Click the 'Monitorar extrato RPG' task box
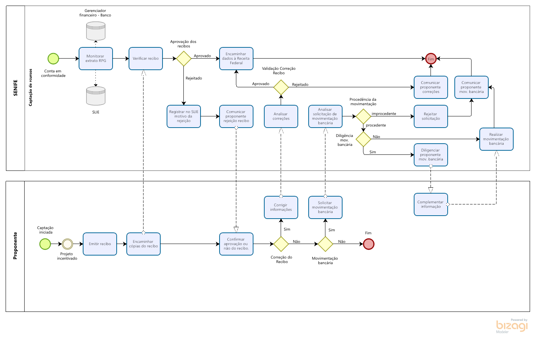(96, 59)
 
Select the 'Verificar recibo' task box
(146, 59)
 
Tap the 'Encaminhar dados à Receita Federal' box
(236, 59)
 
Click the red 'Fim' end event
(431, 59)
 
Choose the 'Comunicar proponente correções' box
(431, 87)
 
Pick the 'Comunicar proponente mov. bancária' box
(472, 87)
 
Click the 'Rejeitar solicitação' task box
(431, 116)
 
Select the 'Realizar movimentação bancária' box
(496, 139)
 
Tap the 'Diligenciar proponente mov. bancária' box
(431, 155)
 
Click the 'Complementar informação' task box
(431, 204)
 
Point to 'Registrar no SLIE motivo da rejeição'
(184, 116)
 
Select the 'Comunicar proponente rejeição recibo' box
(236, 116)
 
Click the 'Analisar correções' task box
(281, 116)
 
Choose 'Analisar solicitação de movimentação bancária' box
(325, 116)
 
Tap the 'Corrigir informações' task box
(281, 207)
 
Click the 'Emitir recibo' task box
(100, 244)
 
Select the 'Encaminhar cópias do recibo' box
(144, 244)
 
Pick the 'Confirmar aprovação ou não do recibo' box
(236, 244)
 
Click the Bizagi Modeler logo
(512, 326)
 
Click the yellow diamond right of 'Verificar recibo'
(184, 59)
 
